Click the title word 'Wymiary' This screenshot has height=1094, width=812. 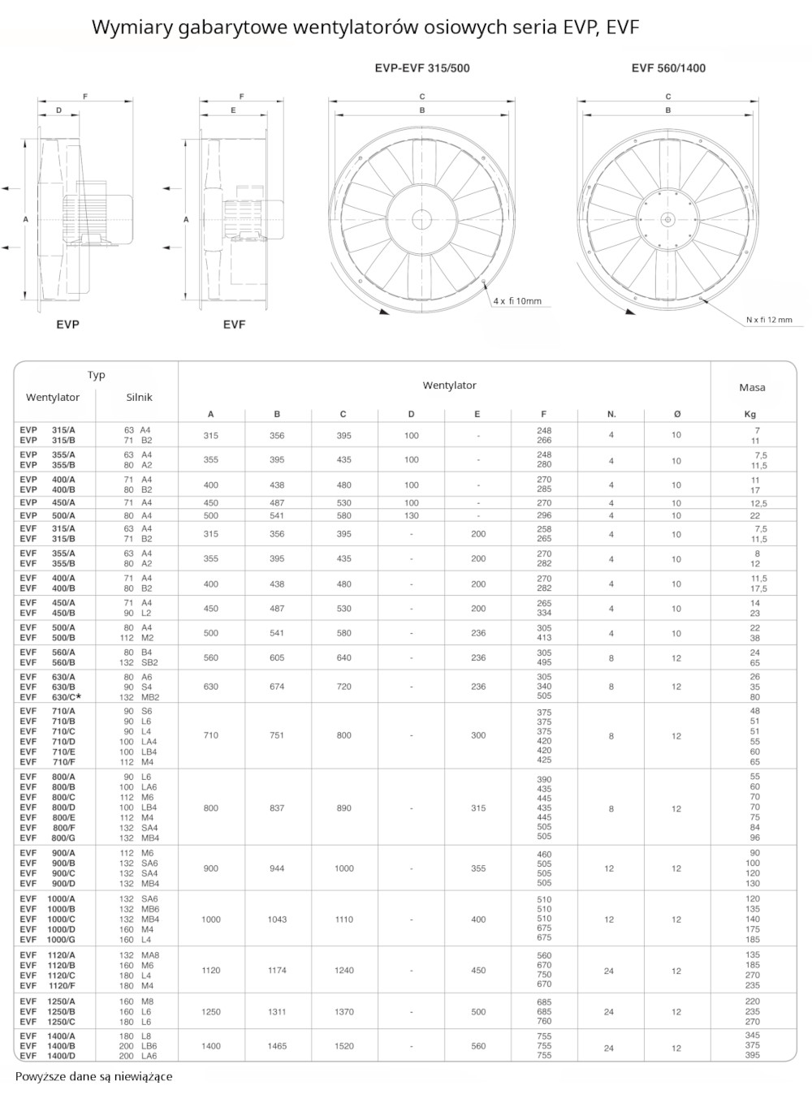coord(128,28)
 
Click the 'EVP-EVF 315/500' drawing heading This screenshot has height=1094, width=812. coord(422,68)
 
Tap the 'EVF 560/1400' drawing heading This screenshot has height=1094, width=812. coord(668,68)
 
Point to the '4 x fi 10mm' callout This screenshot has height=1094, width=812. coord(516,301)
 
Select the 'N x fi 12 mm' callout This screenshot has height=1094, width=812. coord(768,320)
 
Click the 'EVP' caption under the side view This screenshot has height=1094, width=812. coord(68,325)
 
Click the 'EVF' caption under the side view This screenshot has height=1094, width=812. coord(234,325)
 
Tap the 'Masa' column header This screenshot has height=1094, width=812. coord(752,387)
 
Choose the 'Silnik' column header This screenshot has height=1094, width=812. coord(139,398)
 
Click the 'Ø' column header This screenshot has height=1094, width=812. coord(676,414)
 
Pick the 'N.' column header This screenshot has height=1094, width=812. coord(611,414)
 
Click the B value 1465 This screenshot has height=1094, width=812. coord(277,1046)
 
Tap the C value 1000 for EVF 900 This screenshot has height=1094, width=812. coord(343,868)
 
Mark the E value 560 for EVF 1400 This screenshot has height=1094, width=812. coord(478,1046)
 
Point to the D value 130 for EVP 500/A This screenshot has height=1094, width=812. coord(411,515)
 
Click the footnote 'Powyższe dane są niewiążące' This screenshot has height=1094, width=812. coord(93,1077)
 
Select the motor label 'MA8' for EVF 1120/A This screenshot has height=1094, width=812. coord(149,955)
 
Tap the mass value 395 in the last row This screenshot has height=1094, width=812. coord(752,1056)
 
